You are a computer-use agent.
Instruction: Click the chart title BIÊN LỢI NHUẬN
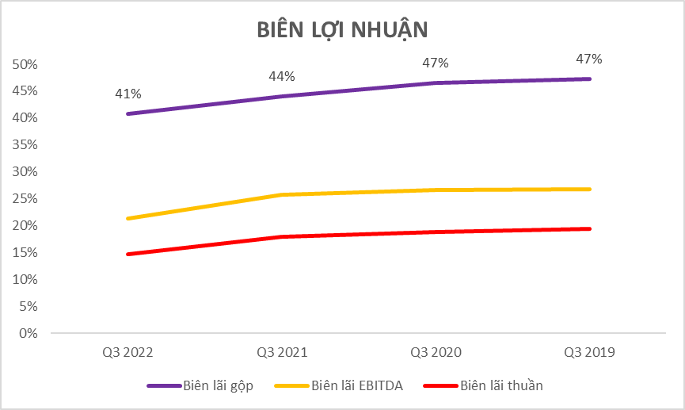coord(342,29)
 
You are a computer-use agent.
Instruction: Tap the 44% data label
coord(282,76)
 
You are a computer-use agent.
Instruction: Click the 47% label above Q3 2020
coord(436,63)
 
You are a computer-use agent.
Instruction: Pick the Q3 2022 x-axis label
coord(127,352)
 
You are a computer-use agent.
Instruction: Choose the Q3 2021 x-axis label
coord(282,352)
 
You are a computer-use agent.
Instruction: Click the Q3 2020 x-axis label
coord(436,352)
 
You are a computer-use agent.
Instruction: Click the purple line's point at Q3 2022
coord(127,113)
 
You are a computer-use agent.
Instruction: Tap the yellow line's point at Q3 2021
coord(282,194)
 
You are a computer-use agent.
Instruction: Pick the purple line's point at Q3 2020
coord(436,82)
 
